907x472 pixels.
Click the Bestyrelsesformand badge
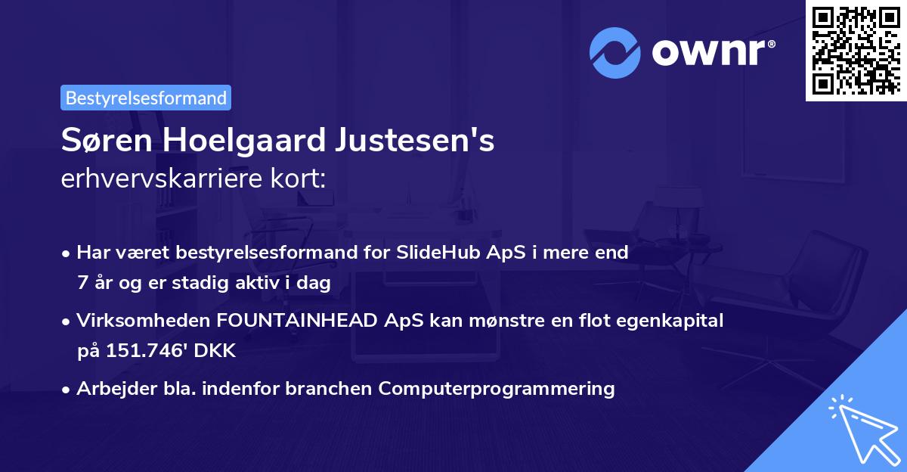tap(146, 98)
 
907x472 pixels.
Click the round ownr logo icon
tap(615, 53)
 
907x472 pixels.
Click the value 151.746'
tap(145, 350)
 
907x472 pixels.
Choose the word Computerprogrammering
tap(497, 389)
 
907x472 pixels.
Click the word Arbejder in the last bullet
tap(110, 389)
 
